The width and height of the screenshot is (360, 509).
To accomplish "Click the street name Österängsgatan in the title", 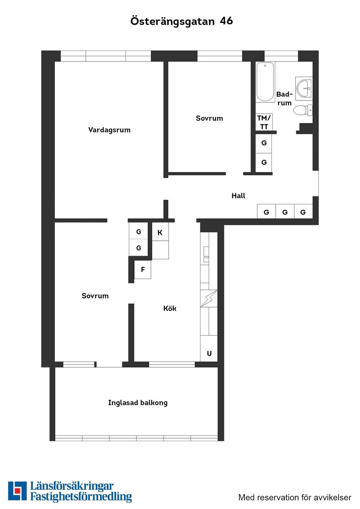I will (x=172, y=21).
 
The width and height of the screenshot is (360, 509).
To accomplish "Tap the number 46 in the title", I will (x=226, y=21).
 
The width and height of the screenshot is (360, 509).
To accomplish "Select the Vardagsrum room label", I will (x=109, y=130).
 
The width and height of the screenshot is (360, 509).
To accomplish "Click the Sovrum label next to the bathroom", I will (x=209, y=118).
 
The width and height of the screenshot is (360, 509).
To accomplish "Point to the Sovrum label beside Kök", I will (x=95, y=296).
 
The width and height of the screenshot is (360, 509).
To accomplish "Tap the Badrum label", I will (x=284, y=98).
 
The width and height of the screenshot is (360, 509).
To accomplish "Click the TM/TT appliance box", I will (x=264, y=122).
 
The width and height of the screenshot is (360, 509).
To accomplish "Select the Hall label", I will (x=238, y=196).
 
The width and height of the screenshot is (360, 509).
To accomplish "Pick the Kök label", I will (x=169, y=308).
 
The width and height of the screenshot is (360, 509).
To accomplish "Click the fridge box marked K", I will (x=160, y=232).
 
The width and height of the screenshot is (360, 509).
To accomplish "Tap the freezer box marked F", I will (x=142, y=269).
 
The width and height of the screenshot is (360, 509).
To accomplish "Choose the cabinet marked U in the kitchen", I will (x=209, y=353).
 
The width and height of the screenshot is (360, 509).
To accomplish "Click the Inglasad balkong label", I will (x=138, y=403).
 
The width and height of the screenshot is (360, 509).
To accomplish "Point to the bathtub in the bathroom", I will (x=265, y=82).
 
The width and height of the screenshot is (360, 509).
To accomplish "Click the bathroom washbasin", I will (x=304, y=88).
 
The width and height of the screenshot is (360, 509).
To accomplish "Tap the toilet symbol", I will (x=302, y=110).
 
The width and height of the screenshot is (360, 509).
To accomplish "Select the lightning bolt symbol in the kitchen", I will (x=209, y=298).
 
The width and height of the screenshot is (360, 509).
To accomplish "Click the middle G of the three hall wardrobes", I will (x=285, y=212).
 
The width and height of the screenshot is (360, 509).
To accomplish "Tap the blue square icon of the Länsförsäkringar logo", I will (x=17, y=491).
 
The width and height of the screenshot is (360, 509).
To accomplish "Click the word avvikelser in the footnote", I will (x=332, y=497).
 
